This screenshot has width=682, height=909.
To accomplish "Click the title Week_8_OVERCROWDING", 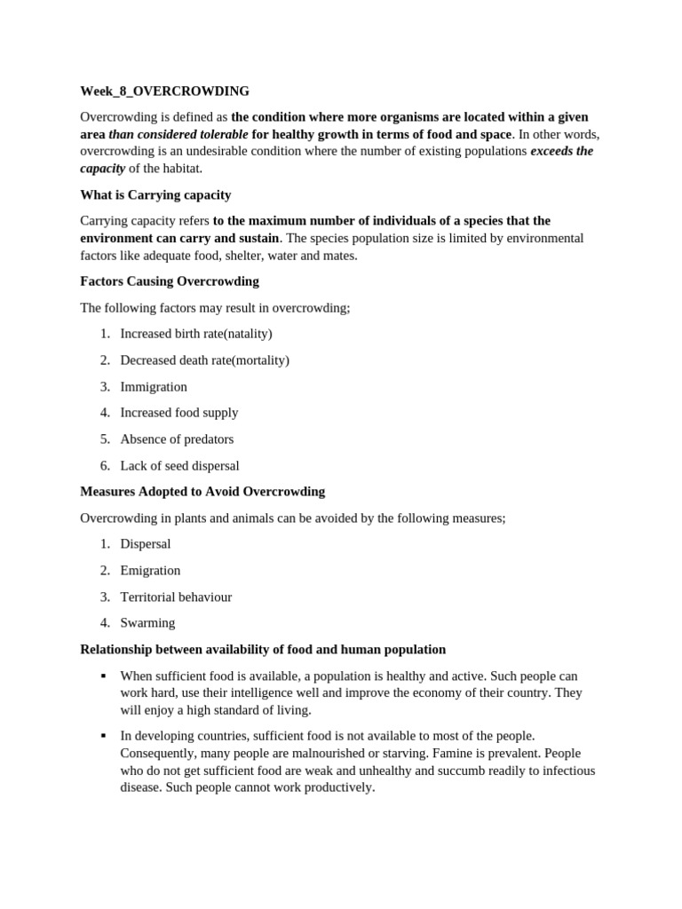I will click(164, 91).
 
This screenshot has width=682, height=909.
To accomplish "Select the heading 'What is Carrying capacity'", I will click(155, 194).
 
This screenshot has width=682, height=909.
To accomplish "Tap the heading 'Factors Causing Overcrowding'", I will click(169, 281).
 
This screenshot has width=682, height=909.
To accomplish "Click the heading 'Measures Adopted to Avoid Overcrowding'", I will click(202, 491).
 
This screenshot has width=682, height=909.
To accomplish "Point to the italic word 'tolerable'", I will click(221, 134).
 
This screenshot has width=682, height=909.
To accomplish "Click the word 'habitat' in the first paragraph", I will click(178, 168).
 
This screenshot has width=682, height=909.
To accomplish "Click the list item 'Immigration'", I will click(154, 386).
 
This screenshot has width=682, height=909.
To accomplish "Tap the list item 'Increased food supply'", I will click(179, 412).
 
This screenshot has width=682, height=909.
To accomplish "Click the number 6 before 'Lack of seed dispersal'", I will click(104, 465).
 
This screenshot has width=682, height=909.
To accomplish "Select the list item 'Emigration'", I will click(150, 570).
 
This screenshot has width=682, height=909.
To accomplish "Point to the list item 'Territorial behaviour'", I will click(176, 597).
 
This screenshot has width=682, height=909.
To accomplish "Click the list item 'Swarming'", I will click(147, 622).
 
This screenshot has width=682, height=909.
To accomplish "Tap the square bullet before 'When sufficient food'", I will click(104, 676).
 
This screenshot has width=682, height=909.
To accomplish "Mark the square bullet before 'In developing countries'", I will click(104, 736).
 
